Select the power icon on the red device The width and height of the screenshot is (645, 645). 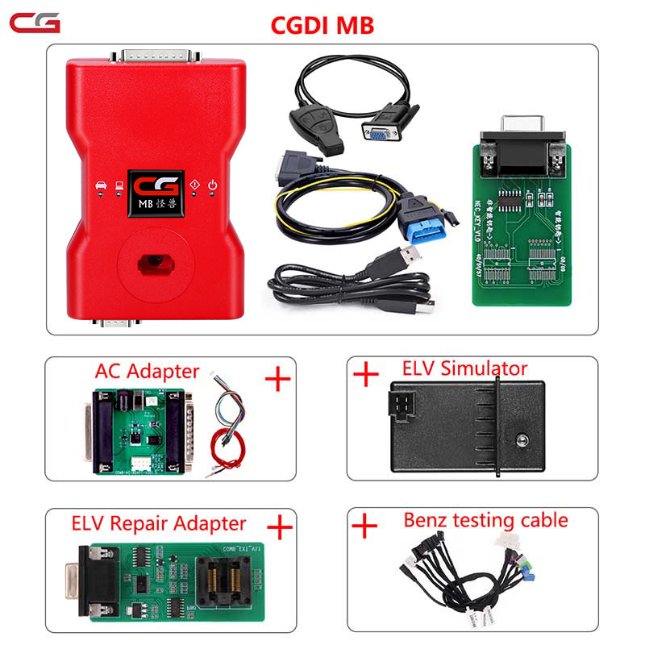point(213,185)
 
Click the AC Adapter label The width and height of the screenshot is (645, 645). point(147,371)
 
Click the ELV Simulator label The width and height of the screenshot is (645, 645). point(464,369)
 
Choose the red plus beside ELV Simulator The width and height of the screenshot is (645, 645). point(367,374)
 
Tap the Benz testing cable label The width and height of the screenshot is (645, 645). point(485,521)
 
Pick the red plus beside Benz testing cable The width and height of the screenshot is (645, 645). point(365,526)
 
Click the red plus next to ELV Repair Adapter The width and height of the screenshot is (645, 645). point(279,528)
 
